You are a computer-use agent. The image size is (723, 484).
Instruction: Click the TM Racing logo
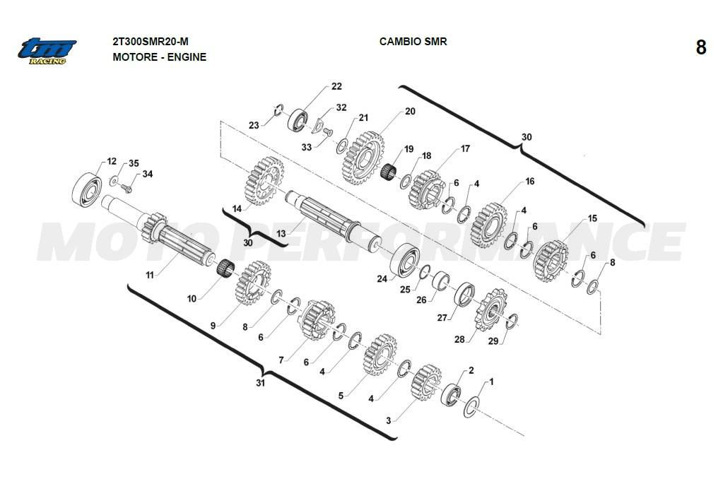coord(47,50)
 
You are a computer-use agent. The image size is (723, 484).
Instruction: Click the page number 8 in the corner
coord(700,47)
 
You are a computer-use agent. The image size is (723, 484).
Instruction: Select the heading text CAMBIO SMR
coord(413,42)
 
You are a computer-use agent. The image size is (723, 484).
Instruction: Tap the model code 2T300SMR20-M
coord(151,42)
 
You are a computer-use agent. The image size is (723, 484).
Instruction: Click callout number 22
coord(336,86)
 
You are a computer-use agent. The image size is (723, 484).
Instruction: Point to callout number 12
coord(111,162)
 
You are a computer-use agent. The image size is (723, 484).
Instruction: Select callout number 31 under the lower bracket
coord(260,383)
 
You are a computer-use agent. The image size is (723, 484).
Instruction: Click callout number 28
coord(459,339)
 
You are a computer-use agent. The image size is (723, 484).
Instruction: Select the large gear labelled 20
coord(363,157)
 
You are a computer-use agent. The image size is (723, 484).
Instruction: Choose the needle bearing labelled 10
coord(225,268)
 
